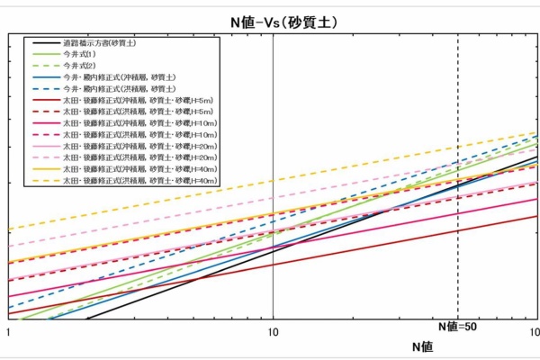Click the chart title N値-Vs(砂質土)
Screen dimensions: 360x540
[271, 22]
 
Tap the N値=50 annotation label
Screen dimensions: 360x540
[457, 328]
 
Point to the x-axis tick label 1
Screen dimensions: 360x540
[8, 331]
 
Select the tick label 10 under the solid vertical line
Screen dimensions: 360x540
[272, 331]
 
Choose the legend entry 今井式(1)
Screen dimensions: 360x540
[80, 55]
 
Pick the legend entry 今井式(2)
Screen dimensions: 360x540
[80, 67]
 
